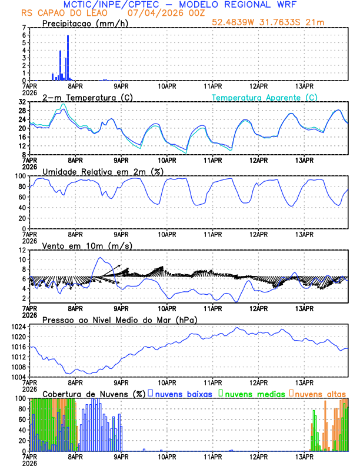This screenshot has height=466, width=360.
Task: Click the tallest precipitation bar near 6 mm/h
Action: (68, 58)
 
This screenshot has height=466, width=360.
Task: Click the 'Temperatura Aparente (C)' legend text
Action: (265, 97)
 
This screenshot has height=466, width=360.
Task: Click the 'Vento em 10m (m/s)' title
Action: (79, 245)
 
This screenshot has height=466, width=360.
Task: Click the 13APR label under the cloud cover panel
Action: (304, 456)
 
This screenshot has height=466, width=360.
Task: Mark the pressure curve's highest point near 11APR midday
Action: (237, 328)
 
